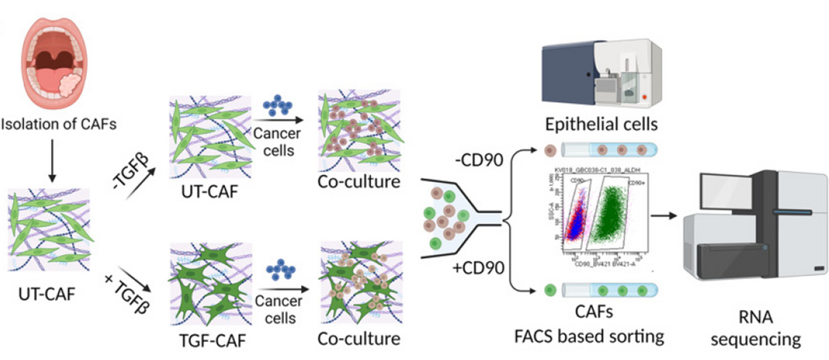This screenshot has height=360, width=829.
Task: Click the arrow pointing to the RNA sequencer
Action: [663, 216]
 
